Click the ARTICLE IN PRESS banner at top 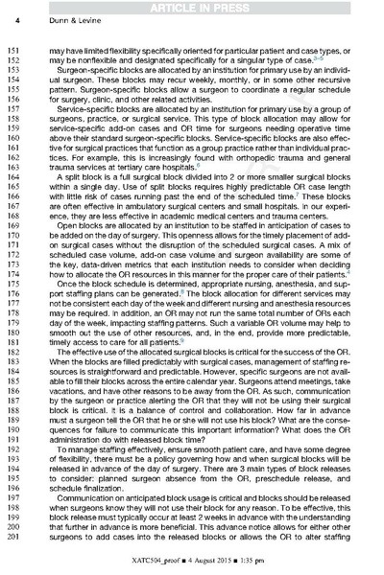coord(192,8)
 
